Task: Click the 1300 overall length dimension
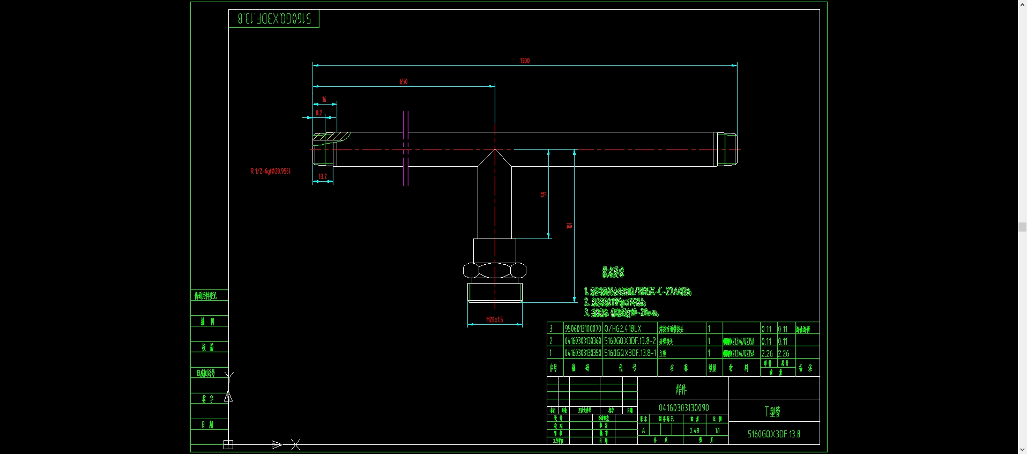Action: (x=525, y=61)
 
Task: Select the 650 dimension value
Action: (x=403, y=81)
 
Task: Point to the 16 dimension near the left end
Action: (x=324, y=99)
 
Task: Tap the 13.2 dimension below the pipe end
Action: (x=323, y=176)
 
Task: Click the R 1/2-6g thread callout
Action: (x=270, y=171)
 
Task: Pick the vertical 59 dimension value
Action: (x=544, y=194)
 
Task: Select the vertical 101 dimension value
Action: (x=569, y=225)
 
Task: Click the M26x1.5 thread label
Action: (x=494, y=319)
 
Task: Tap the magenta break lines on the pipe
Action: (x=406, y=148)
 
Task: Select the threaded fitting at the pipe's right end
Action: (x=726, y=149)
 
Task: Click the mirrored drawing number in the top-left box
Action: (x=274, y=19)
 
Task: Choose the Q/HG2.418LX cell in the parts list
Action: (x=623, y=329)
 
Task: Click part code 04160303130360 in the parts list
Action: (x=583, y=341)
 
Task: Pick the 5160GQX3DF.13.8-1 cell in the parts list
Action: (x=630, y=353)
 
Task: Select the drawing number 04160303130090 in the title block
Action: (x=683, y=408)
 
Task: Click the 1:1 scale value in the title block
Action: (x=717, y=430)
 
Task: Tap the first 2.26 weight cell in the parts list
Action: (x=767, y=354)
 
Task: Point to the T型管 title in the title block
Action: (x=772, y=412)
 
